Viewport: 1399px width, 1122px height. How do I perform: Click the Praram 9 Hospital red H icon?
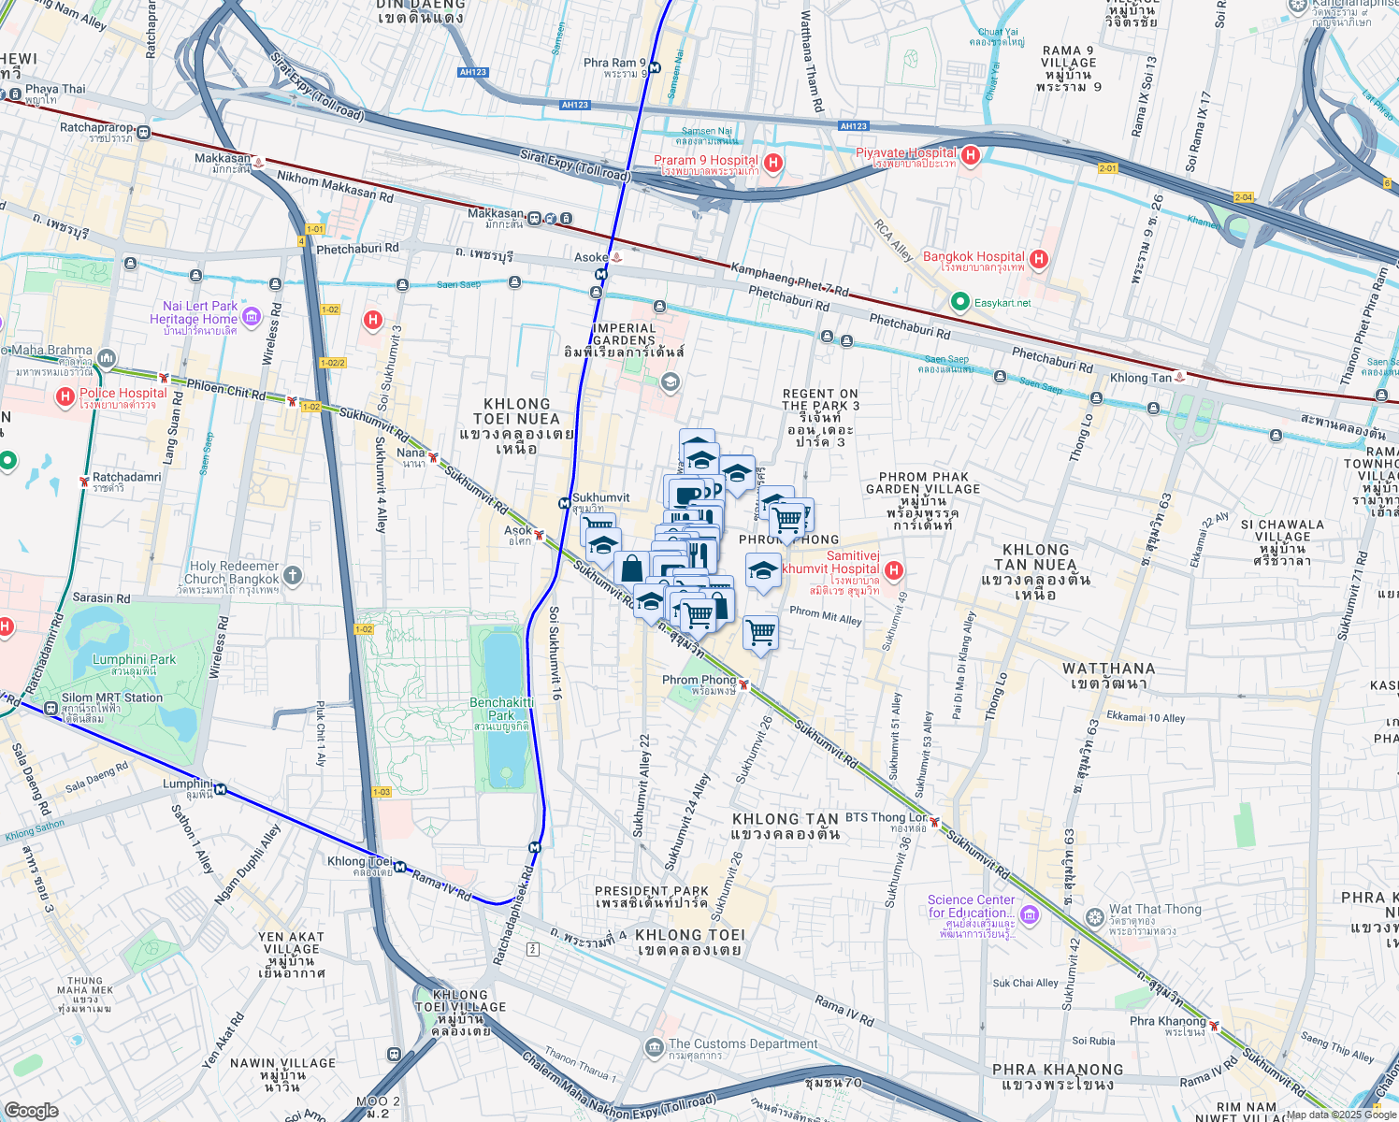772,164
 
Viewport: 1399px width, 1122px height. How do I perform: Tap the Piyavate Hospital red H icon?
970,155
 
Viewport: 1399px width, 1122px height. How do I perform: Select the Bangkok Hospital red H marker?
1038,259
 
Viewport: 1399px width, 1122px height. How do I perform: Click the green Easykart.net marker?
959,302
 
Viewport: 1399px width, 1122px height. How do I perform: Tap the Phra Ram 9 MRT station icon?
655,67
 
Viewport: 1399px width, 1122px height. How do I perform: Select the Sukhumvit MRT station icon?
565,503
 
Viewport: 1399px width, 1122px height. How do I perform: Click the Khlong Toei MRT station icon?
400,867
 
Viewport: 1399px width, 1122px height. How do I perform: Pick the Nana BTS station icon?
433,456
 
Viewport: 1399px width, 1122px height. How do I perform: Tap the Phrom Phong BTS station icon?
743,684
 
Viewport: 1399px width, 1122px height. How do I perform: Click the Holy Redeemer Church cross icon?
293,575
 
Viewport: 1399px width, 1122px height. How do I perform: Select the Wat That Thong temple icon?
1094,916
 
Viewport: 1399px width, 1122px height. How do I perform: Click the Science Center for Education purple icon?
1030,913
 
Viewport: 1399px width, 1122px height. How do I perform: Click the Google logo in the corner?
31,1110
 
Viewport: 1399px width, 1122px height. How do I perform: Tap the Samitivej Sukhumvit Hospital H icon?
894,569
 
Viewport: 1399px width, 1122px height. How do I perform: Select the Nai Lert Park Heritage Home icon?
252,315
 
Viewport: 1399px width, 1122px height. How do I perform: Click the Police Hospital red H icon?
65,397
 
